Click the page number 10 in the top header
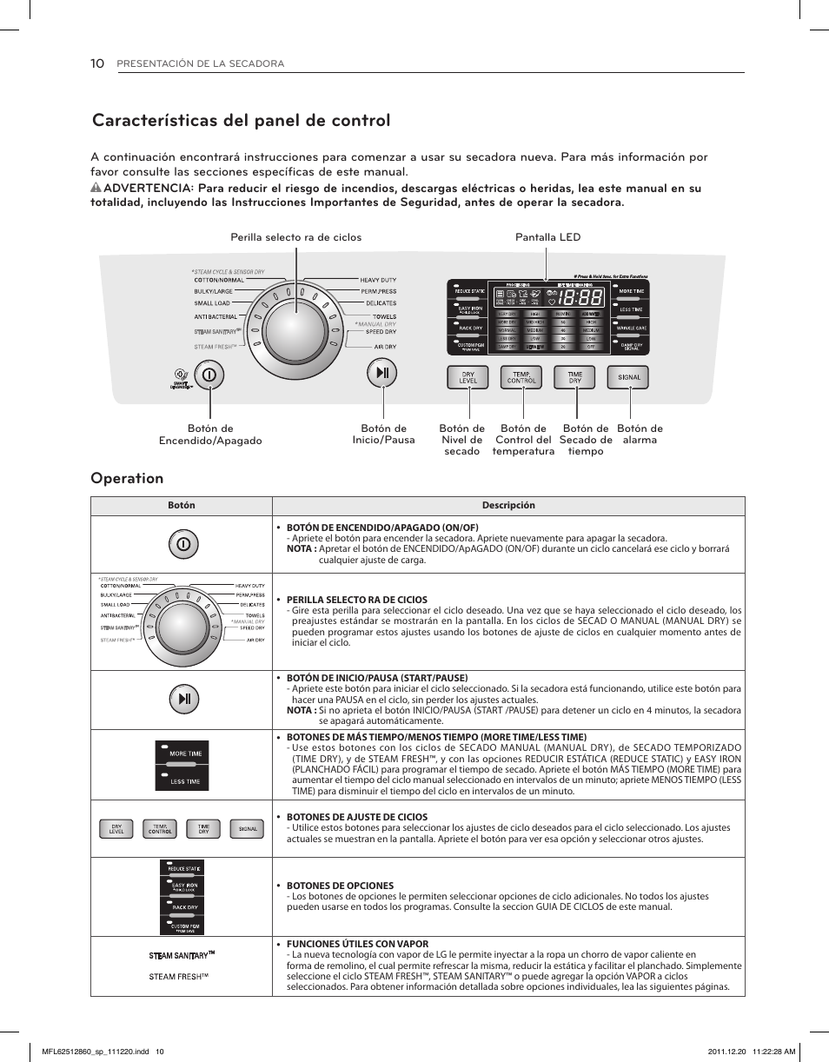click(97, 63)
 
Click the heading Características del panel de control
click(241, 121)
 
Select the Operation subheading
click(127, 478)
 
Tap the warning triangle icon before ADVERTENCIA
click(96, 189)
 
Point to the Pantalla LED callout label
click(547, 237)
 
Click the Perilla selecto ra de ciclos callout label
click(295, 237)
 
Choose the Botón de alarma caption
click(640, 434)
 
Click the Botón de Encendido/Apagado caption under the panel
click(209, 435)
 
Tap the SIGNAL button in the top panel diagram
click(629, 377)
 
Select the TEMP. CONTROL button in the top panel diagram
click(521, 377)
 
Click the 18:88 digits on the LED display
click(580, 297)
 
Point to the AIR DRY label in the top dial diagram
click(384, 347)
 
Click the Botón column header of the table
click(182, 506)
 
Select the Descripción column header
click(508, 506)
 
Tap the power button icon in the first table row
click(182, 544)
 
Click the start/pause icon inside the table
click(182, 699)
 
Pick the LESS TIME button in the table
click(183, 780)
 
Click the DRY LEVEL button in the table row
click(116, 829)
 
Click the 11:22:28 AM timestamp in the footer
click(766, 1052)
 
